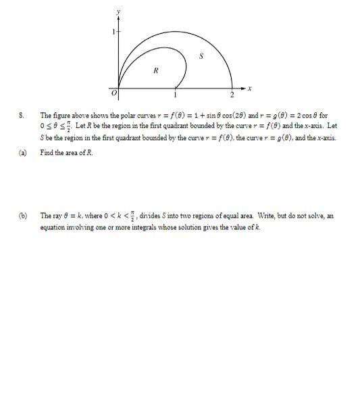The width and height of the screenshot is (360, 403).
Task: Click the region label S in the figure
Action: pos(200,55)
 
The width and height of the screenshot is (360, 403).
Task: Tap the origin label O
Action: pos(114,93)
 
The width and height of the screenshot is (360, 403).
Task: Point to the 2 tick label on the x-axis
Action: pos(231,94)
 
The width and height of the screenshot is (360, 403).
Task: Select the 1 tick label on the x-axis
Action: pos(176,93)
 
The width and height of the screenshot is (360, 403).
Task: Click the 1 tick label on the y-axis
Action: pos(113,32)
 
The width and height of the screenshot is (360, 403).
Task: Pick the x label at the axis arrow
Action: pos(249,88)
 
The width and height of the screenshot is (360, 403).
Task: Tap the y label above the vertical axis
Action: pos(118,11)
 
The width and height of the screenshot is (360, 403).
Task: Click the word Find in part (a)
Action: pos(47,153)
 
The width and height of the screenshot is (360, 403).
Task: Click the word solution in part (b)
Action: pos(170,227)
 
